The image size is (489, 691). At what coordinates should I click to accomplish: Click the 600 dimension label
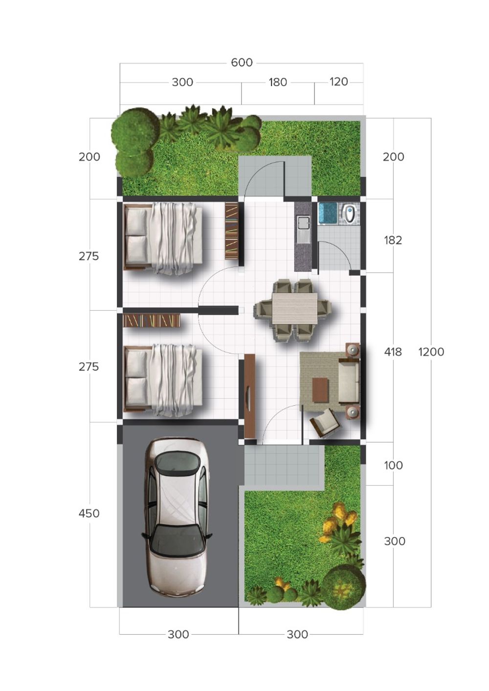click(x=242, y=63)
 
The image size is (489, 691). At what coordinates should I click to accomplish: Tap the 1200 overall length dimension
click(x=431, y=352)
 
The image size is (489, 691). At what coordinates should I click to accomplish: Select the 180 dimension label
click(x=278, y=83)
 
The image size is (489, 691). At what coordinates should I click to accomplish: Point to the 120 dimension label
click(x=339, y=82)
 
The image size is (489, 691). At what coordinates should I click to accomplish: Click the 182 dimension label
click(x=393, y=240)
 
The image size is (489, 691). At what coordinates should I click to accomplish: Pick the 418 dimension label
click(x=393, y=352)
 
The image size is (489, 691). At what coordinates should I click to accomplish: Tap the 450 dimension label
click(x=89, y=514)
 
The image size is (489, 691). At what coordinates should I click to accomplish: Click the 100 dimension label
click(x=393, y=466)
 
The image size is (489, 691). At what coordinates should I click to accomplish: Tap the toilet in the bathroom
click(x=350, y=213)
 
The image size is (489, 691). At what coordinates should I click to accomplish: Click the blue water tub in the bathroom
click(x=328, y=213)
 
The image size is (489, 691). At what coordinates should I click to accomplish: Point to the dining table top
click(x=295, y=308)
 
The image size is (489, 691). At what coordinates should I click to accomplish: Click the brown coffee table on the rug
click(x=320, y=390)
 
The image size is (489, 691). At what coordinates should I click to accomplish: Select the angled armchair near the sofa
click(x=326, y=423)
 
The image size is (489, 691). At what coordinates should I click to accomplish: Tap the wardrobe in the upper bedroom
click(x=231, y=231)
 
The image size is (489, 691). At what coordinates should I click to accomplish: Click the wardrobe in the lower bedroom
click(x=151, y=320)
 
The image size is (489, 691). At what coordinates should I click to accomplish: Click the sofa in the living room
click(x=349, y=381)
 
